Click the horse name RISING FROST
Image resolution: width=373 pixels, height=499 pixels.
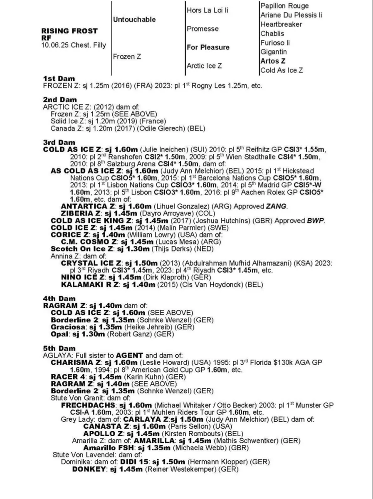click(70, 31)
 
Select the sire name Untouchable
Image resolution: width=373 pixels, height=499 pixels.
click(134, 20)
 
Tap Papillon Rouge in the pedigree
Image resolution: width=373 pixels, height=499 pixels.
click(284, 6)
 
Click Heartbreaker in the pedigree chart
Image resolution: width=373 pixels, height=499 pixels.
click(282, 24)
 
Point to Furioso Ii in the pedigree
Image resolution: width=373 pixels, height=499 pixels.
click(275, 43)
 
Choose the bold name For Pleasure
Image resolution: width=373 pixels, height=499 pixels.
click(208, 47)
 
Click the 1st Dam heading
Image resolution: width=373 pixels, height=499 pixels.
click(59, 79)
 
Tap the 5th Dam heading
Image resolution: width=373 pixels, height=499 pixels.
click(59, 348)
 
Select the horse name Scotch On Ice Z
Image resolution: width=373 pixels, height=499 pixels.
click(82, 249)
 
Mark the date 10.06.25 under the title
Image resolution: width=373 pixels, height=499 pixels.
click(54, 45)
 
